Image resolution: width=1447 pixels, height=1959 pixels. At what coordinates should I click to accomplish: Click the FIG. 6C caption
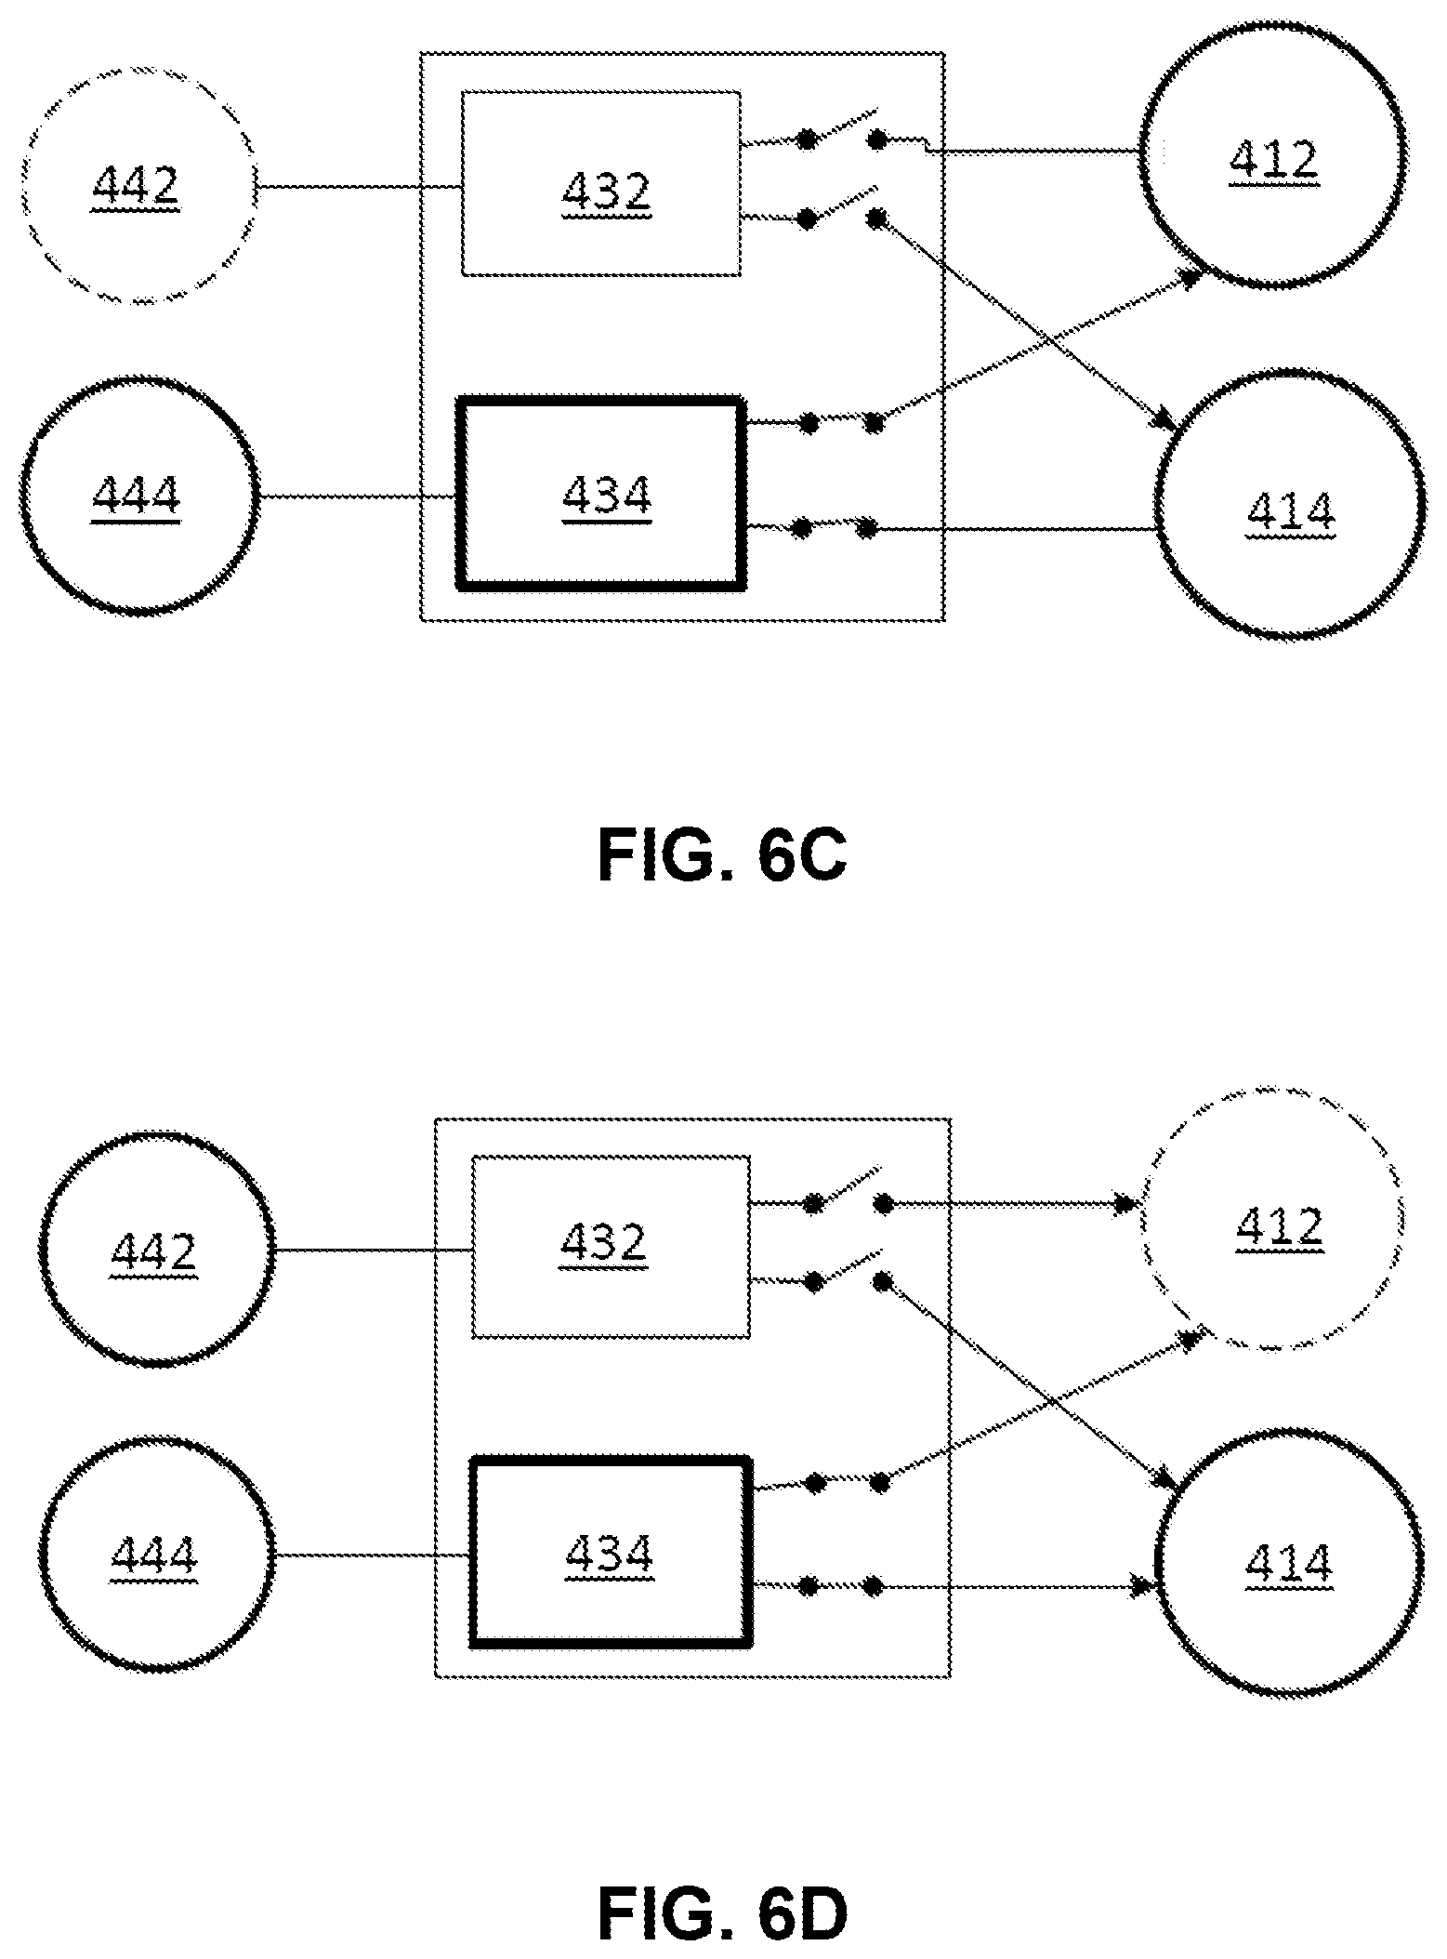[722, 855]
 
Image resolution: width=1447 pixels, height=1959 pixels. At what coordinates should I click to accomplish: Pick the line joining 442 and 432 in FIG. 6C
[360, 187]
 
